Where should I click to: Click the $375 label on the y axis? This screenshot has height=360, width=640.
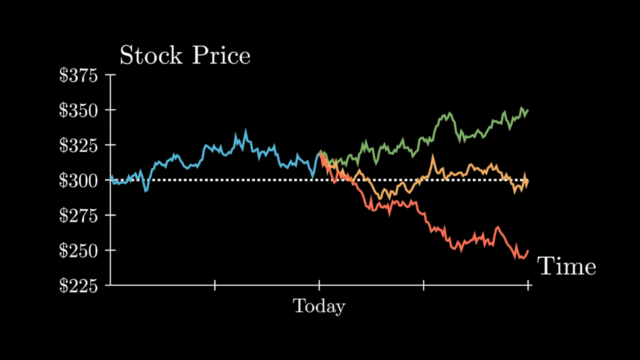tap(78, 75)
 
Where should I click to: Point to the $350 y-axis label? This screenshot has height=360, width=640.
tap(78, 110)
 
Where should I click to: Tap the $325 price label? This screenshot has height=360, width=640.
tap(78, 145)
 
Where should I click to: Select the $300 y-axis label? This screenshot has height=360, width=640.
tap(78, 180)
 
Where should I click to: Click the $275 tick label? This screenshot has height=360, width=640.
tap(78, 215)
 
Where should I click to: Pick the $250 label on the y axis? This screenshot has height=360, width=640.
tap(78, 250)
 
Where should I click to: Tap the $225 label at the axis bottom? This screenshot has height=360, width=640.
tap(78, 285)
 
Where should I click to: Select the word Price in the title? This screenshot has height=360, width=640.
tap(221, 55)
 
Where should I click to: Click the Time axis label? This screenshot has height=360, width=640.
tap(566, 266)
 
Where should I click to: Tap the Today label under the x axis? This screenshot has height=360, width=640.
tap(319, 306)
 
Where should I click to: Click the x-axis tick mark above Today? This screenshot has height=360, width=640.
tap(319, 285)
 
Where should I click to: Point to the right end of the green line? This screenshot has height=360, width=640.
tap(528, 110)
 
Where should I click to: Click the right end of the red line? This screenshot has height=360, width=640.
tap(528, 250)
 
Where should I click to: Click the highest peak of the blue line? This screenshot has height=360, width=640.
tap(245, 130)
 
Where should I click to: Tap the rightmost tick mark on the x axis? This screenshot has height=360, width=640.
tap(528, 285)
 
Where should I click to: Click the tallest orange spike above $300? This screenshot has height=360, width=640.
tap(432, 156)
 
